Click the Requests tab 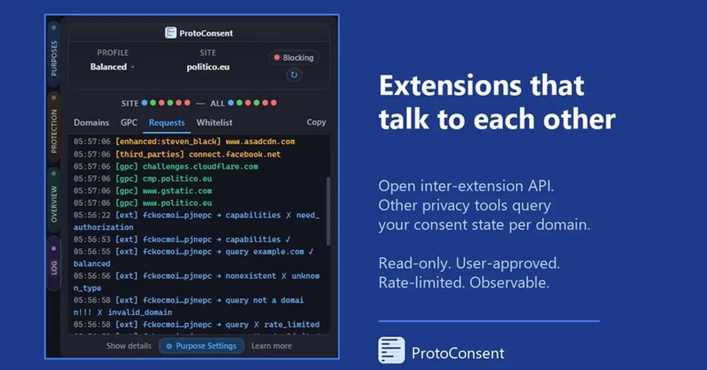click(x=167, y=123)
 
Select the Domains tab click(x=91, y=123)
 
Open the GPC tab click(x=129, y=123)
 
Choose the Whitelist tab click(x=214, y=123)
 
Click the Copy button click(x=316, y=122)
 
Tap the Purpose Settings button click(x=201, y=346)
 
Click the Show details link click(x=128, y=346)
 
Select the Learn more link click(x=272, y=346)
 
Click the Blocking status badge click(x=293, y=58)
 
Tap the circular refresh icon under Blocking click(x=293, y=75)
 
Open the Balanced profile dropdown click(x=112, y=67)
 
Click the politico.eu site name click(x=208, y=67)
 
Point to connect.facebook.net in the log click(x=235, y=154)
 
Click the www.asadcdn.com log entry click(x=260, y=142)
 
